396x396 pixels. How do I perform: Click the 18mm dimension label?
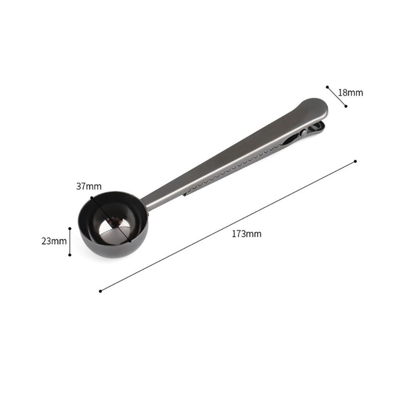[350, 93]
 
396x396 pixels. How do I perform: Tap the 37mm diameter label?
[89, 186]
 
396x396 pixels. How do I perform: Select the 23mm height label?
[54, 241]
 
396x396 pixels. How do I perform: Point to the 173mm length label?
[246, 234]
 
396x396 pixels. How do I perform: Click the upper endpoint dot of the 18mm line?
[327, 87]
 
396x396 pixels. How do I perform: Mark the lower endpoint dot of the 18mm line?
[346, 106]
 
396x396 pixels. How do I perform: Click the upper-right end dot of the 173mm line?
[355, 161]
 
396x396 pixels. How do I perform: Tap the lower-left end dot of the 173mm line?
[101, 291]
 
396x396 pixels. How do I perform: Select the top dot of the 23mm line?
[70, 228]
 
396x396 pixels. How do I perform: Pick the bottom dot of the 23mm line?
[70, 255]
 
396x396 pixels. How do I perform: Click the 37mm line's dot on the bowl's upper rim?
[92, 197]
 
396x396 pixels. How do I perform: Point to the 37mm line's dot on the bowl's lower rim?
[129, 240]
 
